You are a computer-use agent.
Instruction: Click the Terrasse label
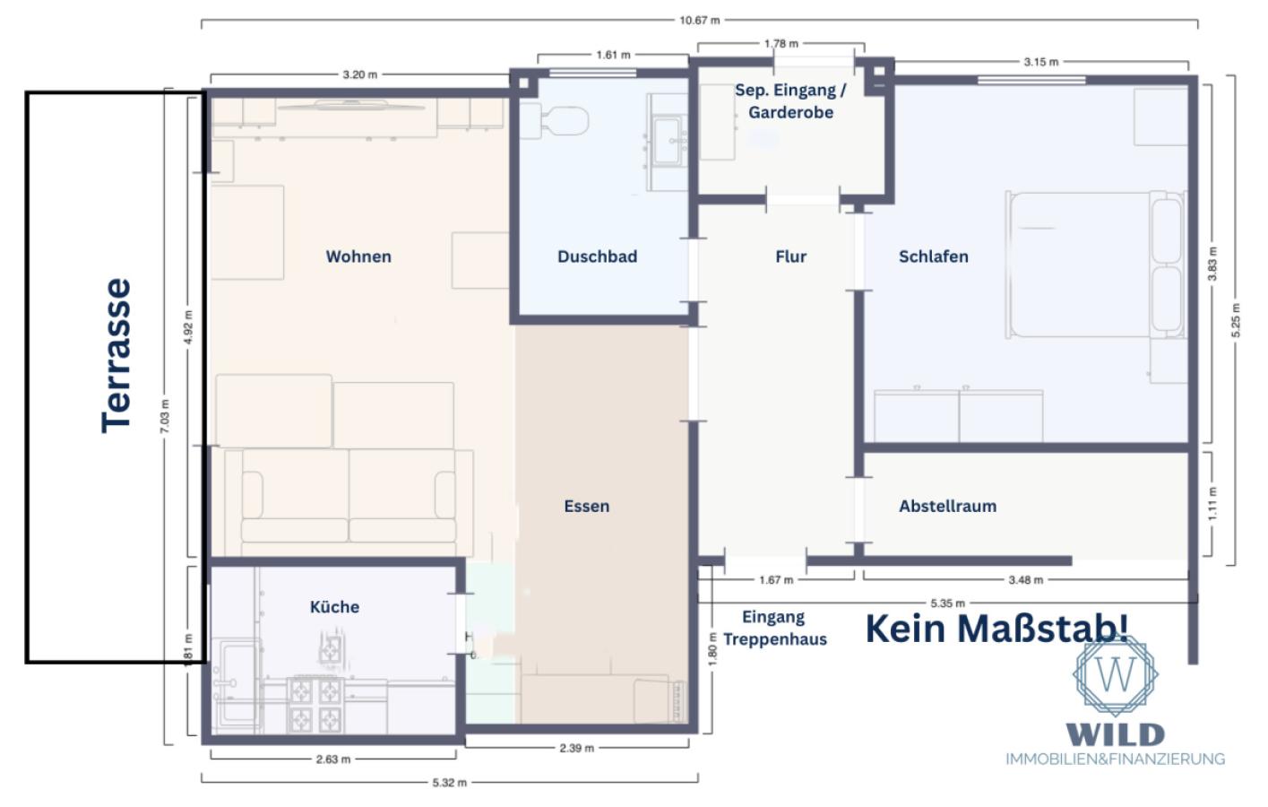[x=116, y=356]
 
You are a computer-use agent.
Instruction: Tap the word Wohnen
[x=358, y=256]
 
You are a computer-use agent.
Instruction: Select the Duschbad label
[x=597, y=256]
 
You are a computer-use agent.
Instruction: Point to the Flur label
[x=790, y=256]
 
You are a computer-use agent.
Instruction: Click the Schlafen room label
[x=934, y=256]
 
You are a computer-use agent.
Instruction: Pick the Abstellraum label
[x=947, y=507]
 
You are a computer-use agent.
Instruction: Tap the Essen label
[x=586, y=507]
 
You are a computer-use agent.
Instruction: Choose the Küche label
[x=334, y=607]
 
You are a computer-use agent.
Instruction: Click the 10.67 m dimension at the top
[x=700, y=21]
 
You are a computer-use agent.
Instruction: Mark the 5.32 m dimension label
[x=450, y=783]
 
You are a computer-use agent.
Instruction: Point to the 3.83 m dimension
[x=1212, y=264]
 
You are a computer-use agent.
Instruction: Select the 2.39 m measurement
[x=577, y=748]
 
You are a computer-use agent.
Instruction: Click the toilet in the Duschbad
[x=555, y=121]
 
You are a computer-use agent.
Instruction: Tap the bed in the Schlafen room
[x=1095, y=265]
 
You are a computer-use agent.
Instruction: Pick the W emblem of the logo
[x=1115, y=674]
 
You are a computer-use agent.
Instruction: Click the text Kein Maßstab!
[x=997, y=629]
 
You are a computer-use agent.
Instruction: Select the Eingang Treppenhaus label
[x=774, y=628]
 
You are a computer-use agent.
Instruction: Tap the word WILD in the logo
[x=1115, y=734]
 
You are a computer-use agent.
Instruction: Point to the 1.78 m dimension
[x=781, y=44]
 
